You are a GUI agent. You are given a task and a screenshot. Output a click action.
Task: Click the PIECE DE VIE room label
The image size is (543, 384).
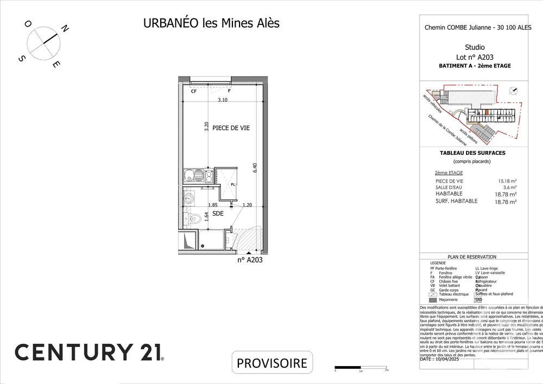pyautogui.click(x=231, y=128)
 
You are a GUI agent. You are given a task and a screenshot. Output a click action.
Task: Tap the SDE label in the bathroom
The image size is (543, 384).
pyautogui.click(x=218, y=213)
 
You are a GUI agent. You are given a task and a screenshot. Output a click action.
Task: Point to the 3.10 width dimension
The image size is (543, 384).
pyautogui.click(x=223, y=100)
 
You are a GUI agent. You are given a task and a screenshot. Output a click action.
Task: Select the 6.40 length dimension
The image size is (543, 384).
pyautogui.click(x=254, y=168)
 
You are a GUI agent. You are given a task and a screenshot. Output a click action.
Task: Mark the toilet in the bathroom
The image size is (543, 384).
pyautogui.click(x=194, y=219)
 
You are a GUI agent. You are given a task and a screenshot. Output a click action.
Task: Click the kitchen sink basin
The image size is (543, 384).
pyautogui.click(x=190, y=175)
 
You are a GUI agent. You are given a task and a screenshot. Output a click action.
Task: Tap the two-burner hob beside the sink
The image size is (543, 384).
pyautogui.click(x=206, y=175)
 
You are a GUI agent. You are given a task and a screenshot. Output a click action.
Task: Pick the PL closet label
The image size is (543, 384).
pyautogui.click(x=233, y=185)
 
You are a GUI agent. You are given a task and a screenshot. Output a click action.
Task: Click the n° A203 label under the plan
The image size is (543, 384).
pyautogui.click(x=250, y=260)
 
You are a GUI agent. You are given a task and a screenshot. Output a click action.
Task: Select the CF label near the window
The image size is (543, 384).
pyautogui.click(x=193, y=91)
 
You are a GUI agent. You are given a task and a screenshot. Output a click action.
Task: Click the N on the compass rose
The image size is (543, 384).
pyautogui.click(x=64, y=29)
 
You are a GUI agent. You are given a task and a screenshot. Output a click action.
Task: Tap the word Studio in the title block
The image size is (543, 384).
pyautogui.click(x=475, y=47)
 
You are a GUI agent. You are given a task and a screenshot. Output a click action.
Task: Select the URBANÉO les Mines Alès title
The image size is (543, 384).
pyautogui.click(x=211, y=24)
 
